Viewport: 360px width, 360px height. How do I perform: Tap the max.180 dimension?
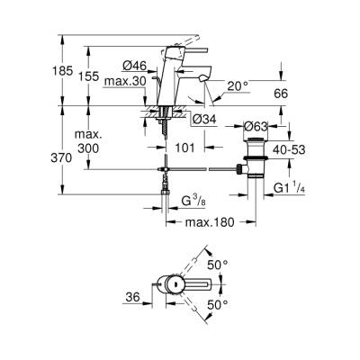208,220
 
